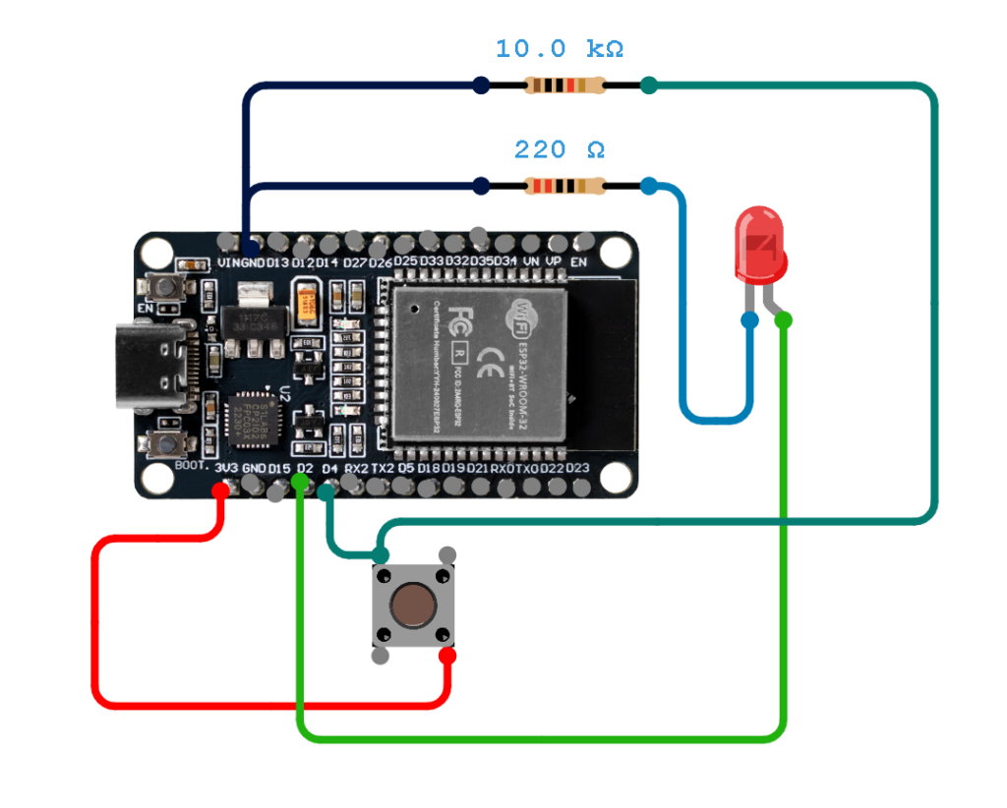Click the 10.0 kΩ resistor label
point(559,48)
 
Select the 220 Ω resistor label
point(559,149)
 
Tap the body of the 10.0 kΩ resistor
point(564,86)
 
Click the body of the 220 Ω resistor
point(564,186)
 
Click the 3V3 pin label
point(226,469)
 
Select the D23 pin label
point(577,469)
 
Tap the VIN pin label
point(227,262)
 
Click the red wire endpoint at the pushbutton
point(447,656)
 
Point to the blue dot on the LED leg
point(750,319)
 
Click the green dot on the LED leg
point(784,319)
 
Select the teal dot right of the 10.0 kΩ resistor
point(648,86)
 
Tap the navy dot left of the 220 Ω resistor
point(481,186)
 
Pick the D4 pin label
point(329,469)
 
